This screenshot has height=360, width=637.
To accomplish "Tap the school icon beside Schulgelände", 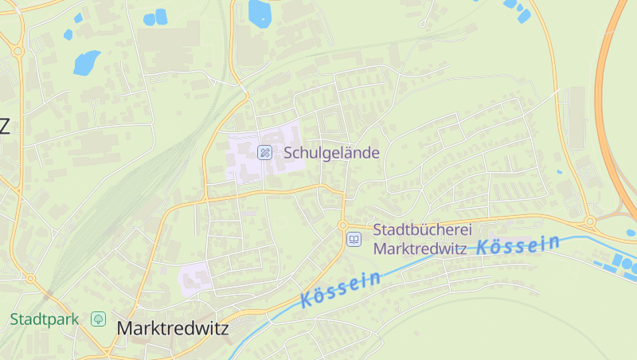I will (265, 152).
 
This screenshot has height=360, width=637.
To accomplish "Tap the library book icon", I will (354, 238).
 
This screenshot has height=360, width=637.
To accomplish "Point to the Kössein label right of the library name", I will (518, 245).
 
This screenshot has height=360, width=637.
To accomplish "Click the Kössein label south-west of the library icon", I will (341, 288).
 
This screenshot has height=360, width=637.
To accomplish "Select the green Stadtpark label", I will (45, 319).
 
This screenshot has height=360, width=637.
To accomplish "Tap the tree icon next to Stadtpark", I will (98, 319).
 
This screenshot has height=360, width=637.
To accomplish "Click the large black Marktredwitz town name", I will (172, 327).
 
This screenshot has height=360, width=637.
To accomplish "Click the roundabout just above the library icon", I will (343, 225).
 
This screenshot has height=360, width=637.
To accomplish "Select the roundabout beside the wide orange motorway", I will (590, 221).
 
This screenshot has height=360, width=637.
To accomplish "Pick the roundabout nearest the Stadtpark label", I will (30, 279).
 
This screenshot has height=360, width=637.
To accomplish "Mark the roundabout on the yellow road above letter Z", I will (18, 51).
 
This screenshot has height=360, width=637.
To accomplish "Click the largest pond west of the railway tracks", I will (86, 61).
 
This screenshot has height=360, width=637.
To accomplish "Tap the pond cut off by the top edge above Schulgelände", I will (260, 10).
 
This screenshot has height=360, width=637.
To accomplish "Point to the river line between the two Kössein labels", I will (430, 259).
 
